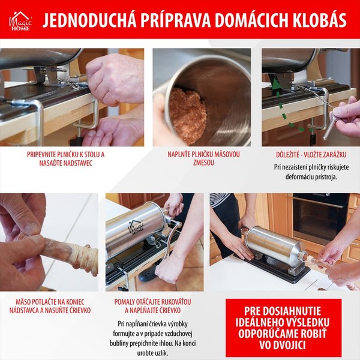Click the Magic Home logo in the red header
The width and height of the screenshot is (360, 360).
tap(20, 22)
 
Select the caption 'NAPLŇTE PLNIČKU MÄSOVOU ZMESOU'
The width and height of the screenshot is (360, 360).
tap(203, 158)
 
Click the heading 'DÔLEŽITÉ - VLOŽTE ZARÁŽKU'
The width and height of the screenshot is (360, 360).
tap(311, 155)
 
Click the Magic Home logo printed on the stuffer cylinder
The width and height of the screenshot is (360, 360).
tap(136, 227)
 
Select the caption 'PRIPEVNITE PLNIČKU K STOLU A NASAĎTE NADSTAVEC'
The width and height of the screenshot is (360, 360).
tap(65, 158)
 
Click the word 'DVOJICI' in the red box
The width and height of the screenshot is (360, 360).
tap(282, 346)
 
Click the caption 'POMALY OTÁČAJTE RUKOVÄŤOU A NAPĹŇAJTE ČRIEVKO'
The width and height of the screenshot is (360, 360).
tap(152, 306)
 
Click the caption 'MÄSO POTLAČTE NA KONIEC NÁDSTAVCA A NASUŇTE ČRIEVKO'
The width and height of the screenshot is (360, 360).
tap(50, 306)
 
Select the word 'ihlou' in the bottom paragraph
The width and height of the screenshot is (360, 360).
tap(166, 343)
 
